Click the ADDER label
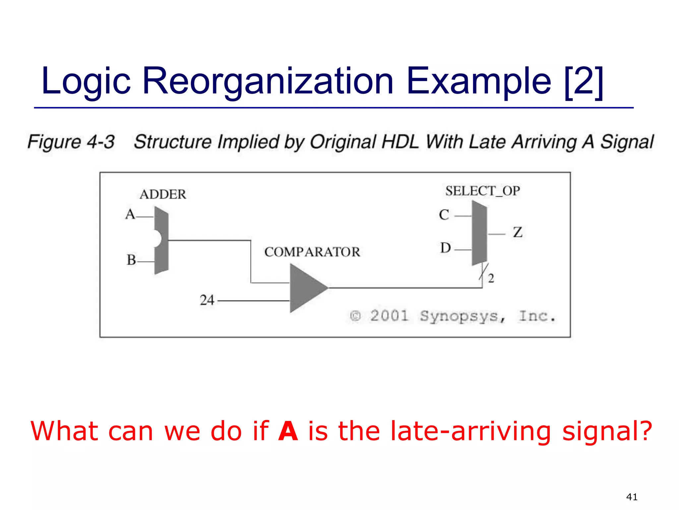(163, 194)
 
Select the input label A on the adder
(130, 214)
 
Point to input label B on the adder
(131, 260)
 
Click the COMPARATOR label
(312, 252)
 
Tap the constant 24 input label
(207, 300)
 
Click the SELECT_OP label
(482, 191)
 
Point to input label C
(444, 215)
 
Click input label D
(445, 248)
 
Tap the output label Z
(518, 232)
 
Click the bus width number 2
(491, 278)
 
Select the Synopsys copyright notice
(453, 316)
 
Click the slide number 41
(632, 497)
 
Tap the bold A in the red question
(288, 431)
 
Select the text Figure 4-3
(71, 142)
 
